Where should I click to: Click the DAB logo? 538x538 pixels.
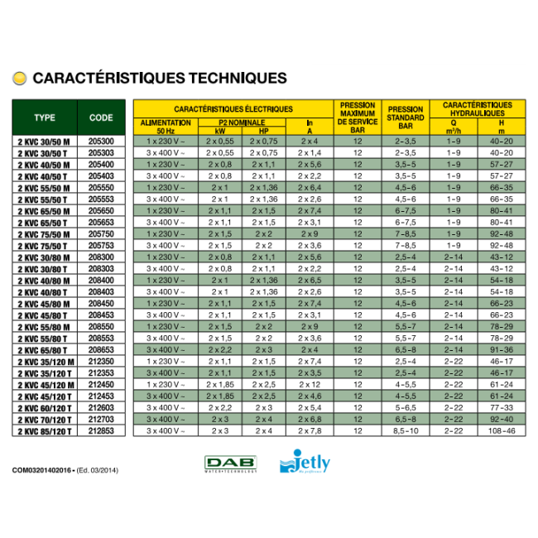coord(231,464)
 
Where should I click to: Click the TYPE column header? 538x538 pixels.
coord(45,118)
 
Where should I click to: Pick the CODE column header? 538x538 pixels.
coord(101,118)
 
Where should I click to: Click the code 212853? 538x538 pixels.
coord(101,431)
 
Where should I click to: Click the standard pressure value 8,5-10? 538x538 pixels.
coord(406,431)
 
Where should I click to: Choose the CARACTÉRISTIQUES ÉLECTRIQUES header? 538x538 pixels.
coord(233,108)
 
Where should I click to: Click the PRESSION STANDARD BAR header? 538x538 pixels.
coord(406,118)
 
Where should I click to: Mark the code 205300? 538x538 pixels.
coord(101,142)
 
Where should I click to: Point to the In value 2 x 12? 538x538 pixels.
coord(310,385)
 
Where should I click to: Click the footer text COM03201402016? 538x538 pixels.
coord(43,469)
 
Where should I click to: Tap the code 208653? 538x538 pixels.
coord(101,350)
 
